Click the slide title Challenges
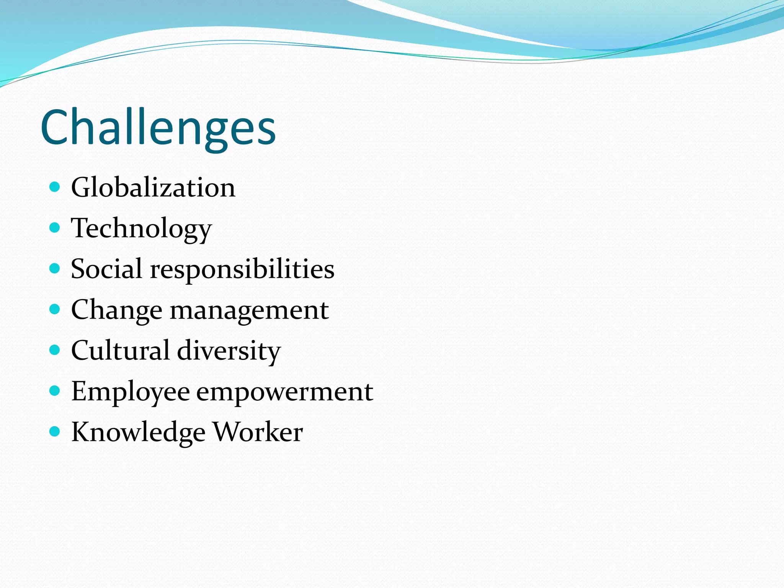pyautogui.click(x=158, y=127)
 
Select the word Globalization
pyautogui.click(x=153, y=188)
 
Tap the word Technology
pyautogui.click(x=141, y=229)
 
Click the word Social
pyautogui.click(x=107, y=269)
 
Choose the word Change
pyautogui.click(x=116, y=310)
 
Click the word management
pyautogui.click(x=249, y=310)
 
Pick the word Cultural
pyautogui.click(x=120, y=350)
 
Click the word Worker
pyautogui.click(x=258, y=432)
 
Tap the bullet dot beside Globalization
pyautogui.click(x=55, y=187)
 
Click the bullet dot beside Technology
pyautogui.click(x=55, y=228)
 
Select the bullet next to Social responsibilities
pyautogui.click(x=55, y=268)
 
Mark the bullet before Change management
pyautogui.click(x=55, y=309)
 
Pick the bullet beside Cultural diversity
pyautogui.click(x=55, y=350)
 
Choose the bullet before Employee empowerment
pyautogui.click(x=55, y=390)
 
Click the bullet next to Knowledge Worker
pyautogui.click(x=55, y=431)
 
